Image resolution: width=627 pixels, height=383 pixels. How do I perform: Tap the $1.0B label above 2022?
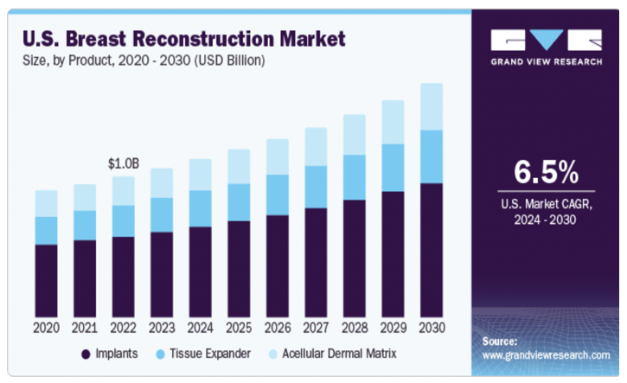coord(124,163)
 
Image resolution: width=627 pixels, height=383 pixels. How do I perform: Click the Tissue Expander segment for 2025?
coord(238,201)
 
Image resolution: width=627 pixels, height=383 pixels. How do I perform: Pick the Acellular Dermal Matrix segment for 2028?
coord(354,135)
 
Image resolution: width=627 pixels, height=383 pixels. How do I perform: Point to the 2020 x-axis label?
coord(46,329)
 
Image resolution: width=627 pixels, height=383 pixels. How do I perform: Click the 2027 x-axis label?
coord(316,329)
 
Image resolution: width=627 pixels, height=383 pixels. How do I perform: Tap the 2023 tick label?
coord(162,329)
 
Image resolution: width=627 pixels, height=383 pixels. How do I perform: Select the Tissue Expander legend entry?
coord(208,354)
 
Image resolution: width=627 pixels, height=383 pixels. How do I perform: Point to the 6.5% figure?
coord(545,173)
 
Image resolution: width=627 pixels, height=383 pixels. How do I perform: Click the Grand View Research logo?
coord(545,48)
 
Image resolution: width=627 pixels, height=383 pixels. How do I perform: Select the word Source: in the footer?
coord(500,342)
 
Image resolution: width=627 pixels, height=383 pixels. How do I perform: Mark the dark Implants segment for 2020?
coord(46,280)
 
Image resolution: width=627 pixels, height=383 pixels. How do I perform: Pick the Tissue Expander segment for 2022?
coord(124,220)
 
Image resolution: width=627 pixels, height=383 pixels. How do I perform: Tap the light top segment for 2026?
coord(277,156)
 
